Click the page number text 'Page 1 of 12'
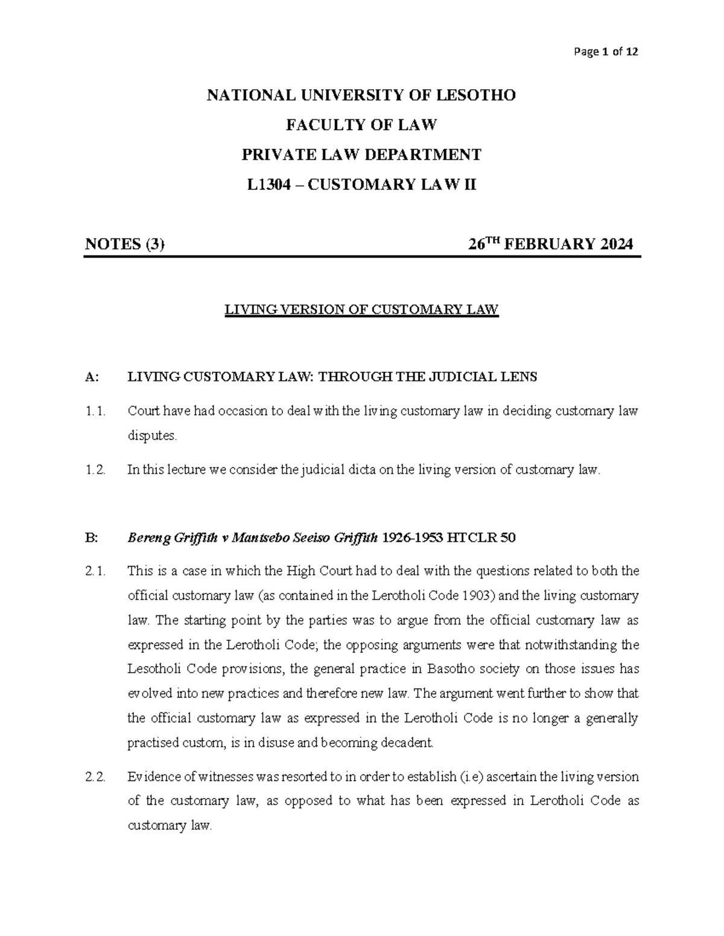606,52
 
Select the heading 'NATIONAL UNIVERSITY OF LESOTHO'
361,95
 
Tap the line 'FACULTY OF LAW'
361,125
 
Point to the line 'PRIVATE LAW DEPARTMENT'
361,155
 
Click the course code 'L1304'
275,184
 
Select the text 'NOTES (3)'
124,244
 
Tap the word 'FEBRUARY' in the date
548,244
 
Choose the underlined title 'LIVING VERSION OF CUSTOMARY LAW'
361,310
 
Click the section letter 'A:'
92,377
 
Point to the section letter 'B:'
92,538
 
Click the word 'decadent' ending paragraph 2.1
407,743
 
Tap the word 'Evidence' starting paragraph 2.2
153,777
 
